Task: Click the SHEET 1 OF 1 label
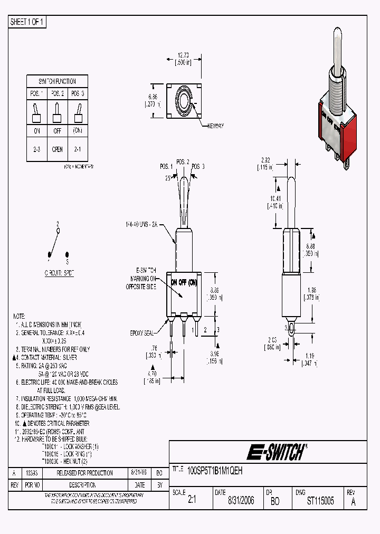pyautogui.click(x=27, y=22)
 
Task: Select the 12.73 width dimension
pyautogui.click(x=183, y=55)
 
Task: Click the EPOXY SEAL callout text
pyautogui.click(x=141, y=333)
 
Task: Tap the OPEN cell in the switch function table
pyautogui.click(x=58, y=149)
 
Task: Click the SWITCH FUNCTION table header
pyautogui.click(x=57, y=81)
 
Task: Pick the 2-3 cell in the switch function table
pyautogui.click(x=36, y=149)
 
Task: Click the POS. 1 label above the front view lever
pyautogui.click(x=167, y=166)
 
